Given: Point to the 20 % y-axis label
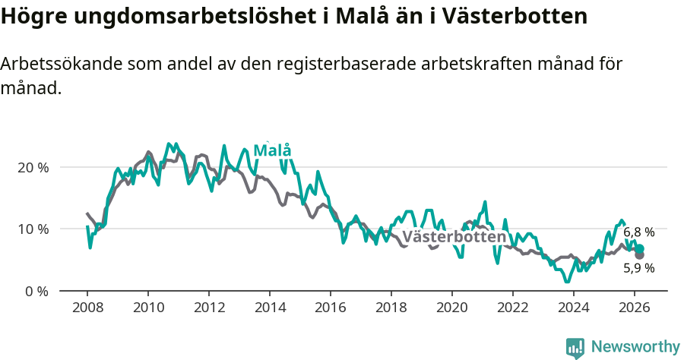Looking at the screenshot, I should tap(33, 167).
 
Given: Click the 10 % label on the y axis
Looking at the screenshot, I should tap(33, 229).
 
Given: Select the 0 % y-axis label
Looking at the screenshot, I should tap(36, 291).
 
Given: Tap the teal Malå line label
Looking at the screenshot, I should tap(272, 150).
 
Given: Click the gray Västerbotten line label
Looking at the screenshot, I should tap(454, 237).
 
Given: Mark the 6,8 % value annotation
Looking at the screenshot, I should tap(639, 232).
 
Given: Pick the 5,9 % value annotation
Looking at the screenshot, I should tap(639, 267).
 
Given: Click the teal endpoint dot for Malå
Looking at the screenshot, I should tap(640, 249).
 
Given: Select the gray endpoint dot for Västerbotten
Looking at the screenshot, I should tap(639, 255).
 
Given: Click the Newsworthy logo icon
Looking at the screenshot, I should tap(575, 347).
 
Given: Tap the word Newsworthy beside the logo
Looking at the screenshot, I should tap(635, 347).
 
